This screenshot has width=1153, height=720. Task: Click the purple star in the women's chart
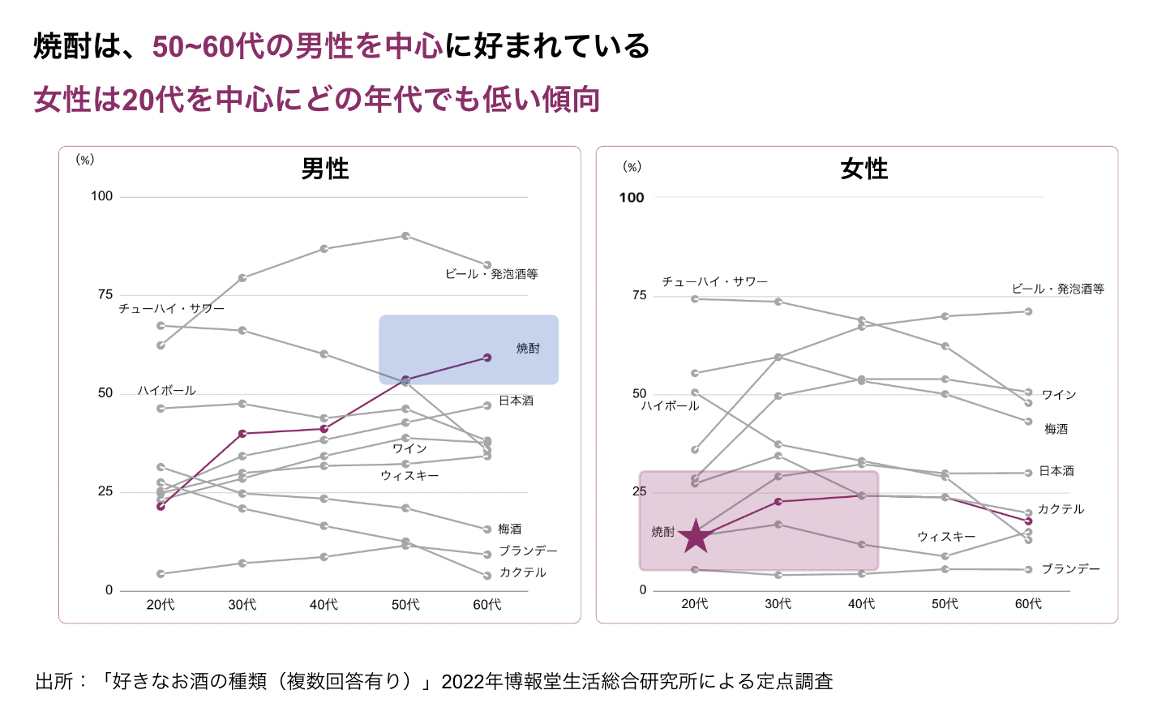point(695,536)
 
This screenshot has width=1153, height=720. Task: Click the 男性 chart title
point(325,169)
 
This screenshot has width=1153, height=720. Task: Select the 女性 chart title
point(864,169)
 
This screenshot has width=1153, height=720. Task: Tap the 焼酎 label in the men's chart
point(528,349)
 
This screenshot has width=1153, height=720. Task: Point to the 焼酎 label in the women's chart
point(662,532)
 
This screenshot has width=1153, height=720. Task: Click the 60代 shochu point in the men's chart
point(487,358)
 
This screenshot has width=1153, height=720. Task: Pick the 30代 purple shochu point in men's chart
point(242,434)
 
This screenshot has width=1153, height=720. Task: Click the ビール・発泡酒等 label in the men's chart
point(491,274)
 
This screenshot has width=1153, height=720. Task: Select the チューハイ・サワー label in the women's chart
point(714,281)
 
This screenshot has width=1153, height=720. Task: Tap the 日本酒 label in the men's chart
point(516,401)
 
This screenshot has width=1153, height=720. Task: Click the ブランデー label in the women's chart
point(1070,569)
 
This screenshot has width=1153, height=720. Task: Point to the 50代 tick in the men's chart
point(405,605)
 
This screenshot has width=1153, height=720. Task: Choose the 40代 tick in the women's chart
point(861,604)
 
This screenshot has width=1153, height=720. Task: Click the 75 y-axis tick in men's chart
point(105,294)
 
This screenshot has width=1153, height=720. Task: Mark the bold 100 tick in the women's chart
point(631,197)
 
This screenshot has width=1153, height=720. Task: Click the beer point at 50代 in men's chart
point(405,236)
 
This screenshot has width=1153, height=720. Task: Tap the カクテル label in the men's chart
point(522,572)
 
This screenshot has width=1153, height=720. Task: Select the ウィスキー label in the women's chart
point(946,537)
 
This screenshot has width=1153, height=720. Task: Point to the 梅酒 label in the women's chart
point(1056,429)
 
